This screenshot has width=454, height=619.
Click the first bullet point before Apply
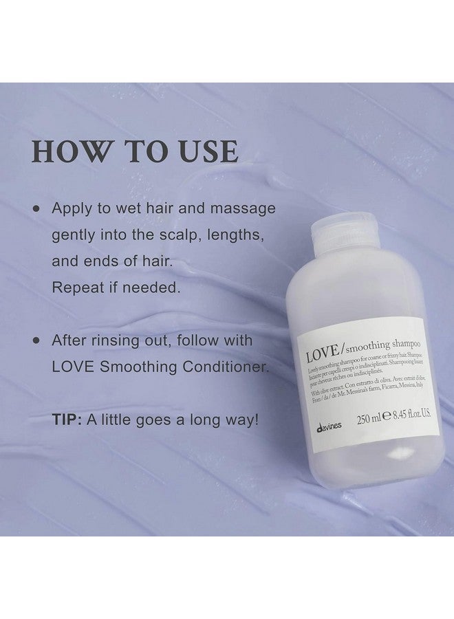(x=35, y=208)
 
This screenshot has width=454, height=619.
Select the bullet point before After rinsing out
(x=35, y=341)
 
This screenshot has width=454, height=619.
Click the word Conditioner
(x=221, y=367)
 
